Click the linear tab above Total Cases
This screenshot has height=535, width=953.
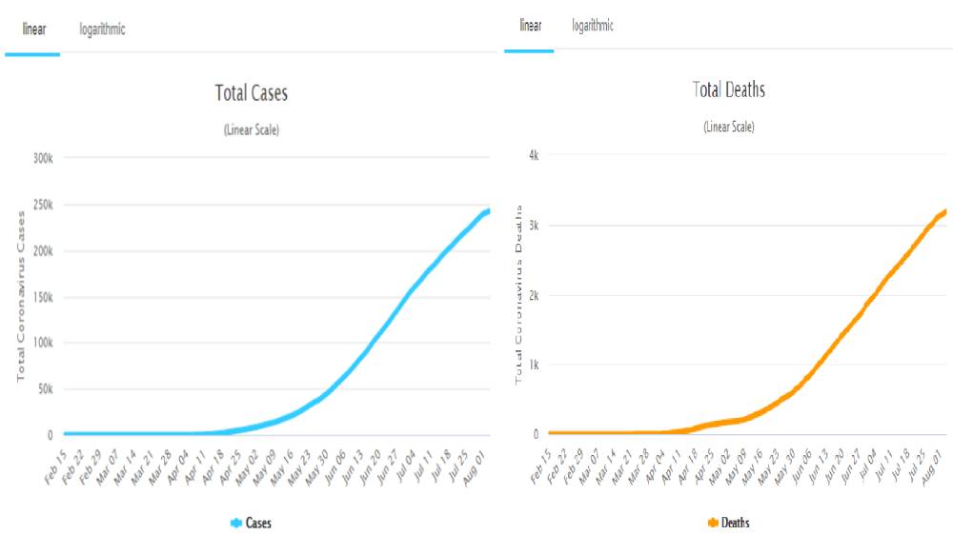(x=33, y=30)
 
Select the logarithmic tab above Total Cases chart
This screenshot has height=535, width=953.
(x=102, y=30)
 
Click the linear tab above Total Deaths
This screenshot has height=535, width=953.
(x=531, y=26)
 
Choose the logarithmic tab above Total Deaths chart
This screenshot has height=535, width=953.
(x=593, y=26)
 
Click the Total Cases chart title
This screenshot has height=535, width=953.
(x=252, y=93)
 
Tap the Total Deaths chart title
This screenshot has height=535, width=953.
(x=729, y=90)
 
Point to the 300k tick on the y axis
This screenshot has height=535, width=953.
(x=41, y=158)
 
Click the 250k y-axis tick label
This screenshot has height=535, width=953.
(x=41, y=205)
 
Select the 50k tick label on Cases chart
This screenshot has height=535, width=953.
(x=43, y=389)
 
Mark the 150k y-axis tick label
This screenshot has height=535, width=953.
(x=41, y=297)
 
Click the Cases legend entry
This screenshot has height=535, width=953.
(x=252, y=523)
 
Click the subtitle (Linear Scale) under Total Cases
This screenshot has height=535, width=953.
(x=252, y=129)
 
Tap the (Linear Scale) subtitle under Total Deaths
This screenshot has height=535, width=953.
(x=729, y=127)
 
